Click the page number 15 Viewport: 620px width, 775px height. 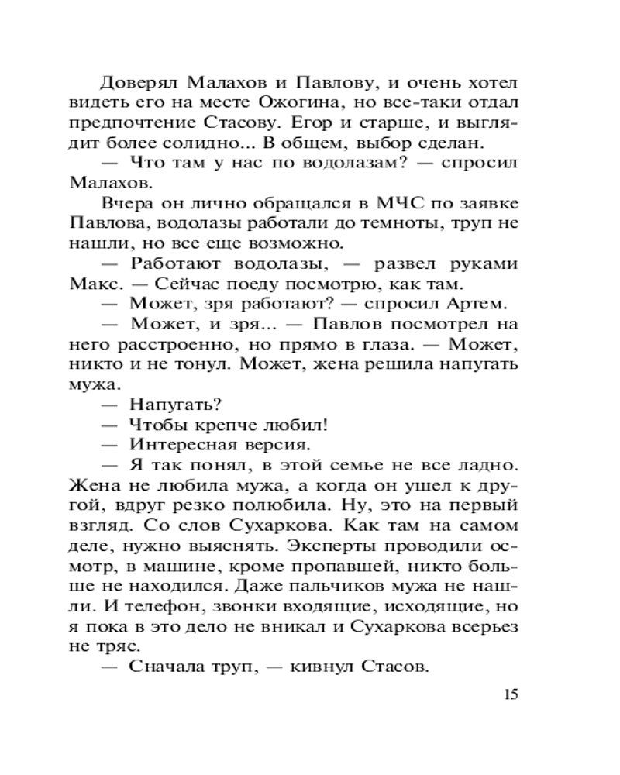(x=509, y=693)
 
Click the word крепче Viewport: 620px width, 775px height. (x=233, y=425)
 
